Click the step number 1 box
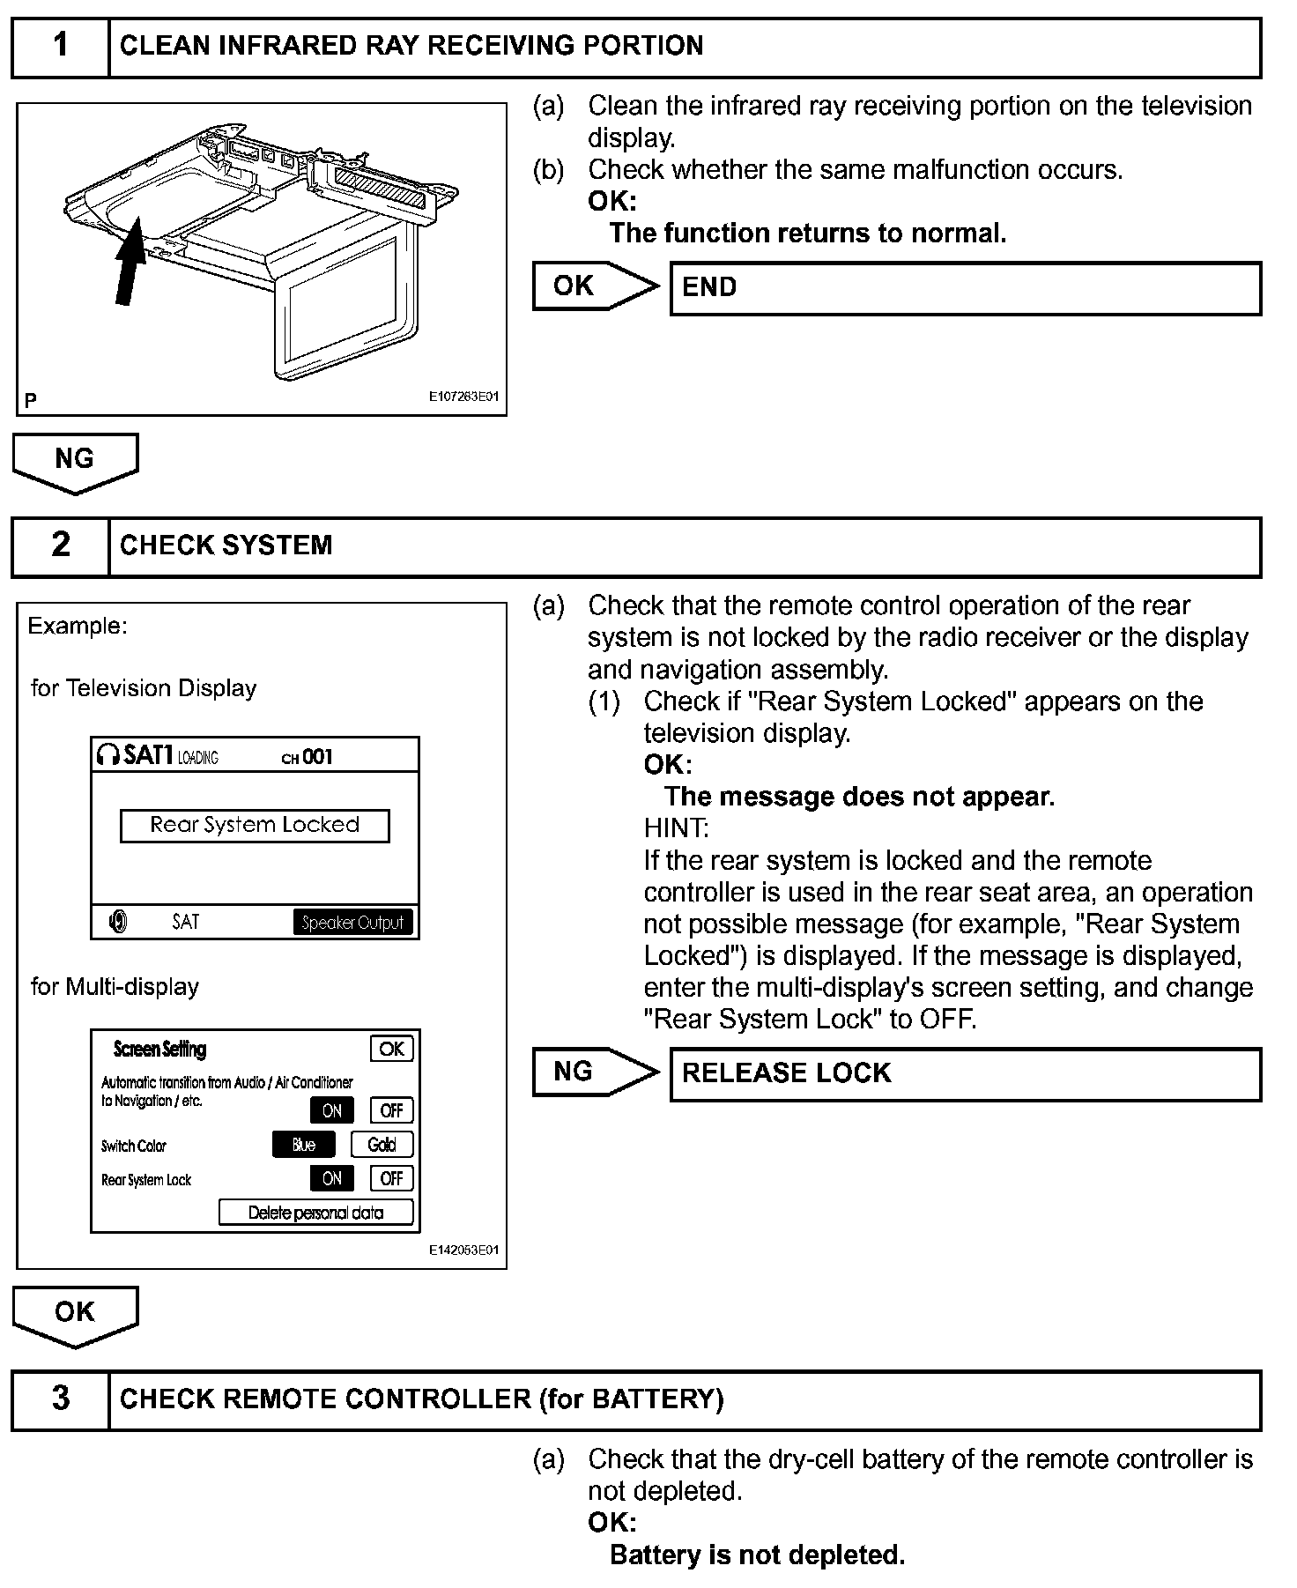point(60,46)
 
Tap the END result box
point(965,288)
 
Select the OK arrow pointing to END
point(593,286)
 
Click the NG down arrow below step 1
point(75,462)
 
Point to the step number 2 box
point(60,545)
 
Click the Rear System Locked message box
point(255,826)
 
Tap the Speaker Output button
point(352,923)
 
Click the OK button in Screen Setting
point(391,1049)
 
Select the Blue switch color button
point(303,1145)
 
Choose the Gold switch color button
point(382,1145)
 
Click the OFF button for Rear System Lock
point(391,1178)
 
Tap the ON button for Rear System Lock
point(331,1178)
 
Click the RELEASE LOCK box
point(965,1073)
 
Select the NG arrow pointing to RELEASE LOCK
point(593,1072)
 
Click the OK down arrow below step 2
point(75,1315)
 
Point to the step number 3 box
point(60,1399)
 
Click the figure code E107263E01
point(463,397)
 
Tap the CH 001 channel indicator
point(307,757)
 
